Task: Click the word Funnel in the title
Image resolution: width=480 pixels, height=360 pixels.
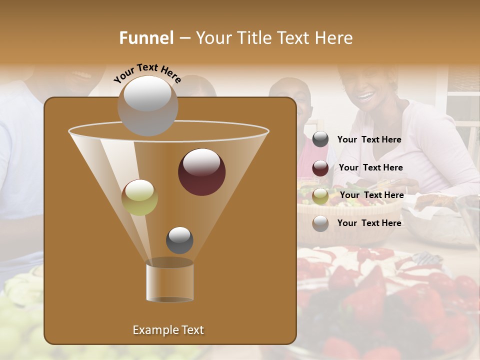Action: point(146,38)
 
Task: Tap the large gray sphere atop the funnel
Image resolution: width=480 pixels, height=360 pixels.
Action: point(147,105)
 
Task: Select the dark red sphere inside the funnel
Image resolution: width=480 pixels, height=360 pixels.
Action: point(201,172)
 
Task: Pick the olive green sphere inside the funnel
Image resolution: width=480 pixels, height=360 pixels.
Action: point(139,197)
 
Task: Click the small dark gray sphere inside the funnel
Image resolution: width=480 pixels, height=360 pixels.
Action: point(179,240)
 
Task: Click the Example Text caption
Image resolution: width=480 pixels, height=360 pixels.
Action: point(168,330)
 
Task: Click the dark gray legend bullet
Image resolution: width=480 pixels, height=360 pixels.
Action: point(320,139)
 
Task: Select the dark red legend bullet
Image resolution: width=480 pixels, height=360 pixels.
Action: point(320,168)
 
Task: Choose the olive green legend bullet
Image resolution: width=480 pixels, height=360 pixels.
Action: point(320,196)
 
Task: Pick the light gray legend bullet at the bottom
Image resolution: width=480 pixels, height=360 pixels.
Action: point(320,223)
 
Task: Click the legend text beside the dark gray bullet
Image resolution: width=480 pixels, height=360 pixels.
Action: point(369,139)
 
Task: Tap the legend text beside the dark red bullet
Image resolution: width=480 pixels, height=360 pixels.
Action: point(370,167)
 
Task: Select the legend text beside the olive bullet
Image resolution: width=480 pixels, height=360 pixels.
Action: point(371,195)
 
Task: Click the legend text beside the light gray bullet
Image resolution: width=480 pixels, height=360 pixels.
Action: point(369,223)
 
